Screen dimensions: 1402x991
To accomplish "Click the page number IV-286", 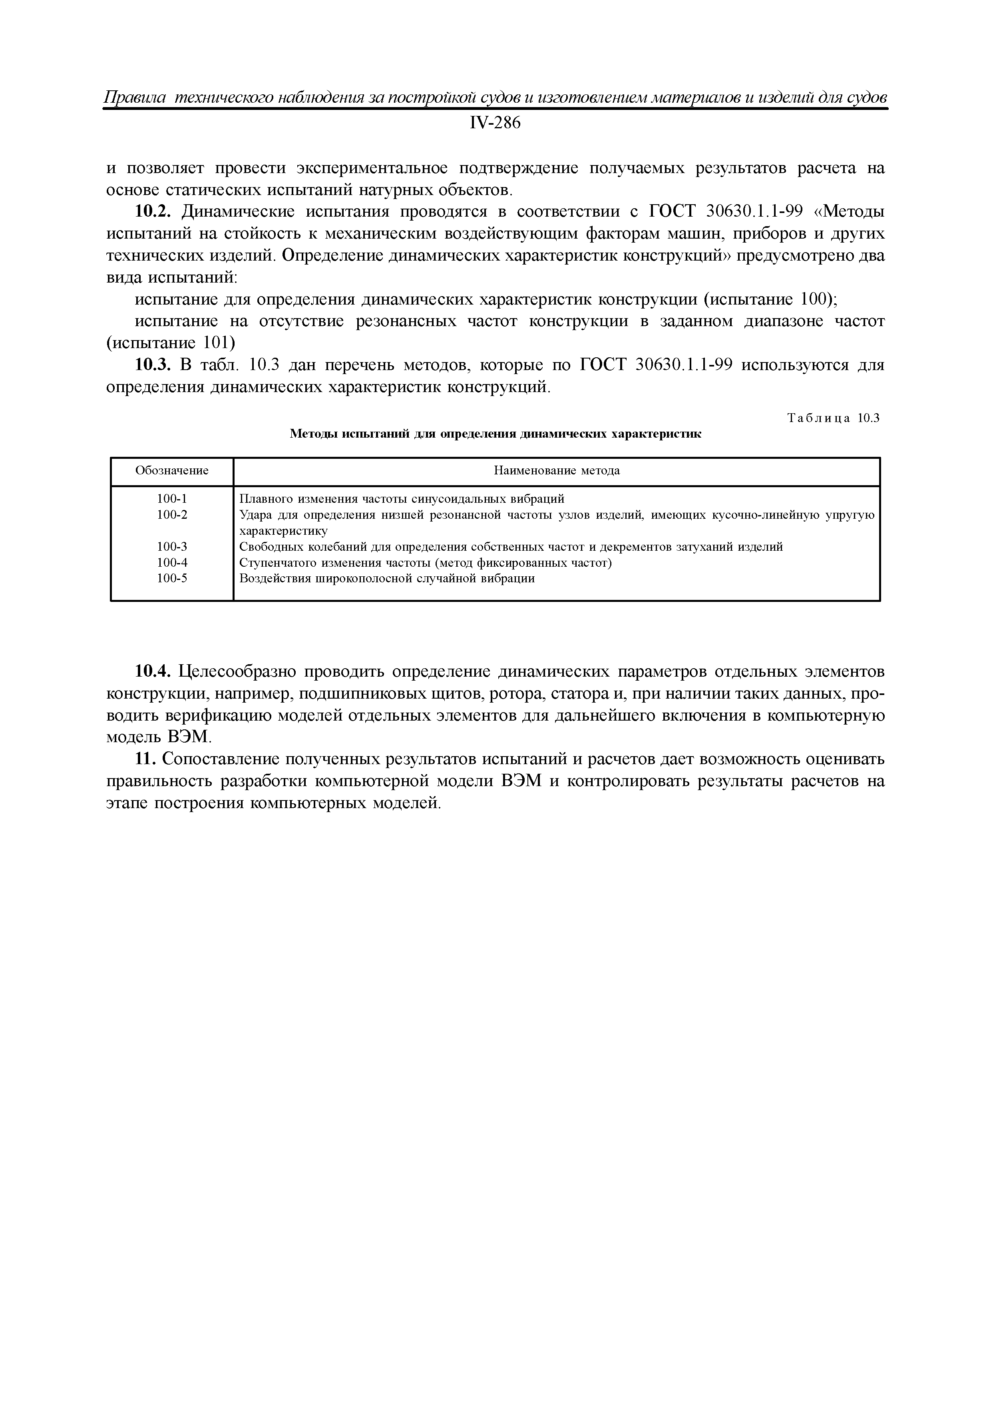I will [x=495, y=123].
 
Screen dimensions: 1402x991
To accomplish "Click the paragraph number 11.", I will [x=146, y=759].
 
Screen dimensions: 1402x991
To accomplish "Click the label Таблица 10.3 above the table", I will [x=833, y=418].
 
